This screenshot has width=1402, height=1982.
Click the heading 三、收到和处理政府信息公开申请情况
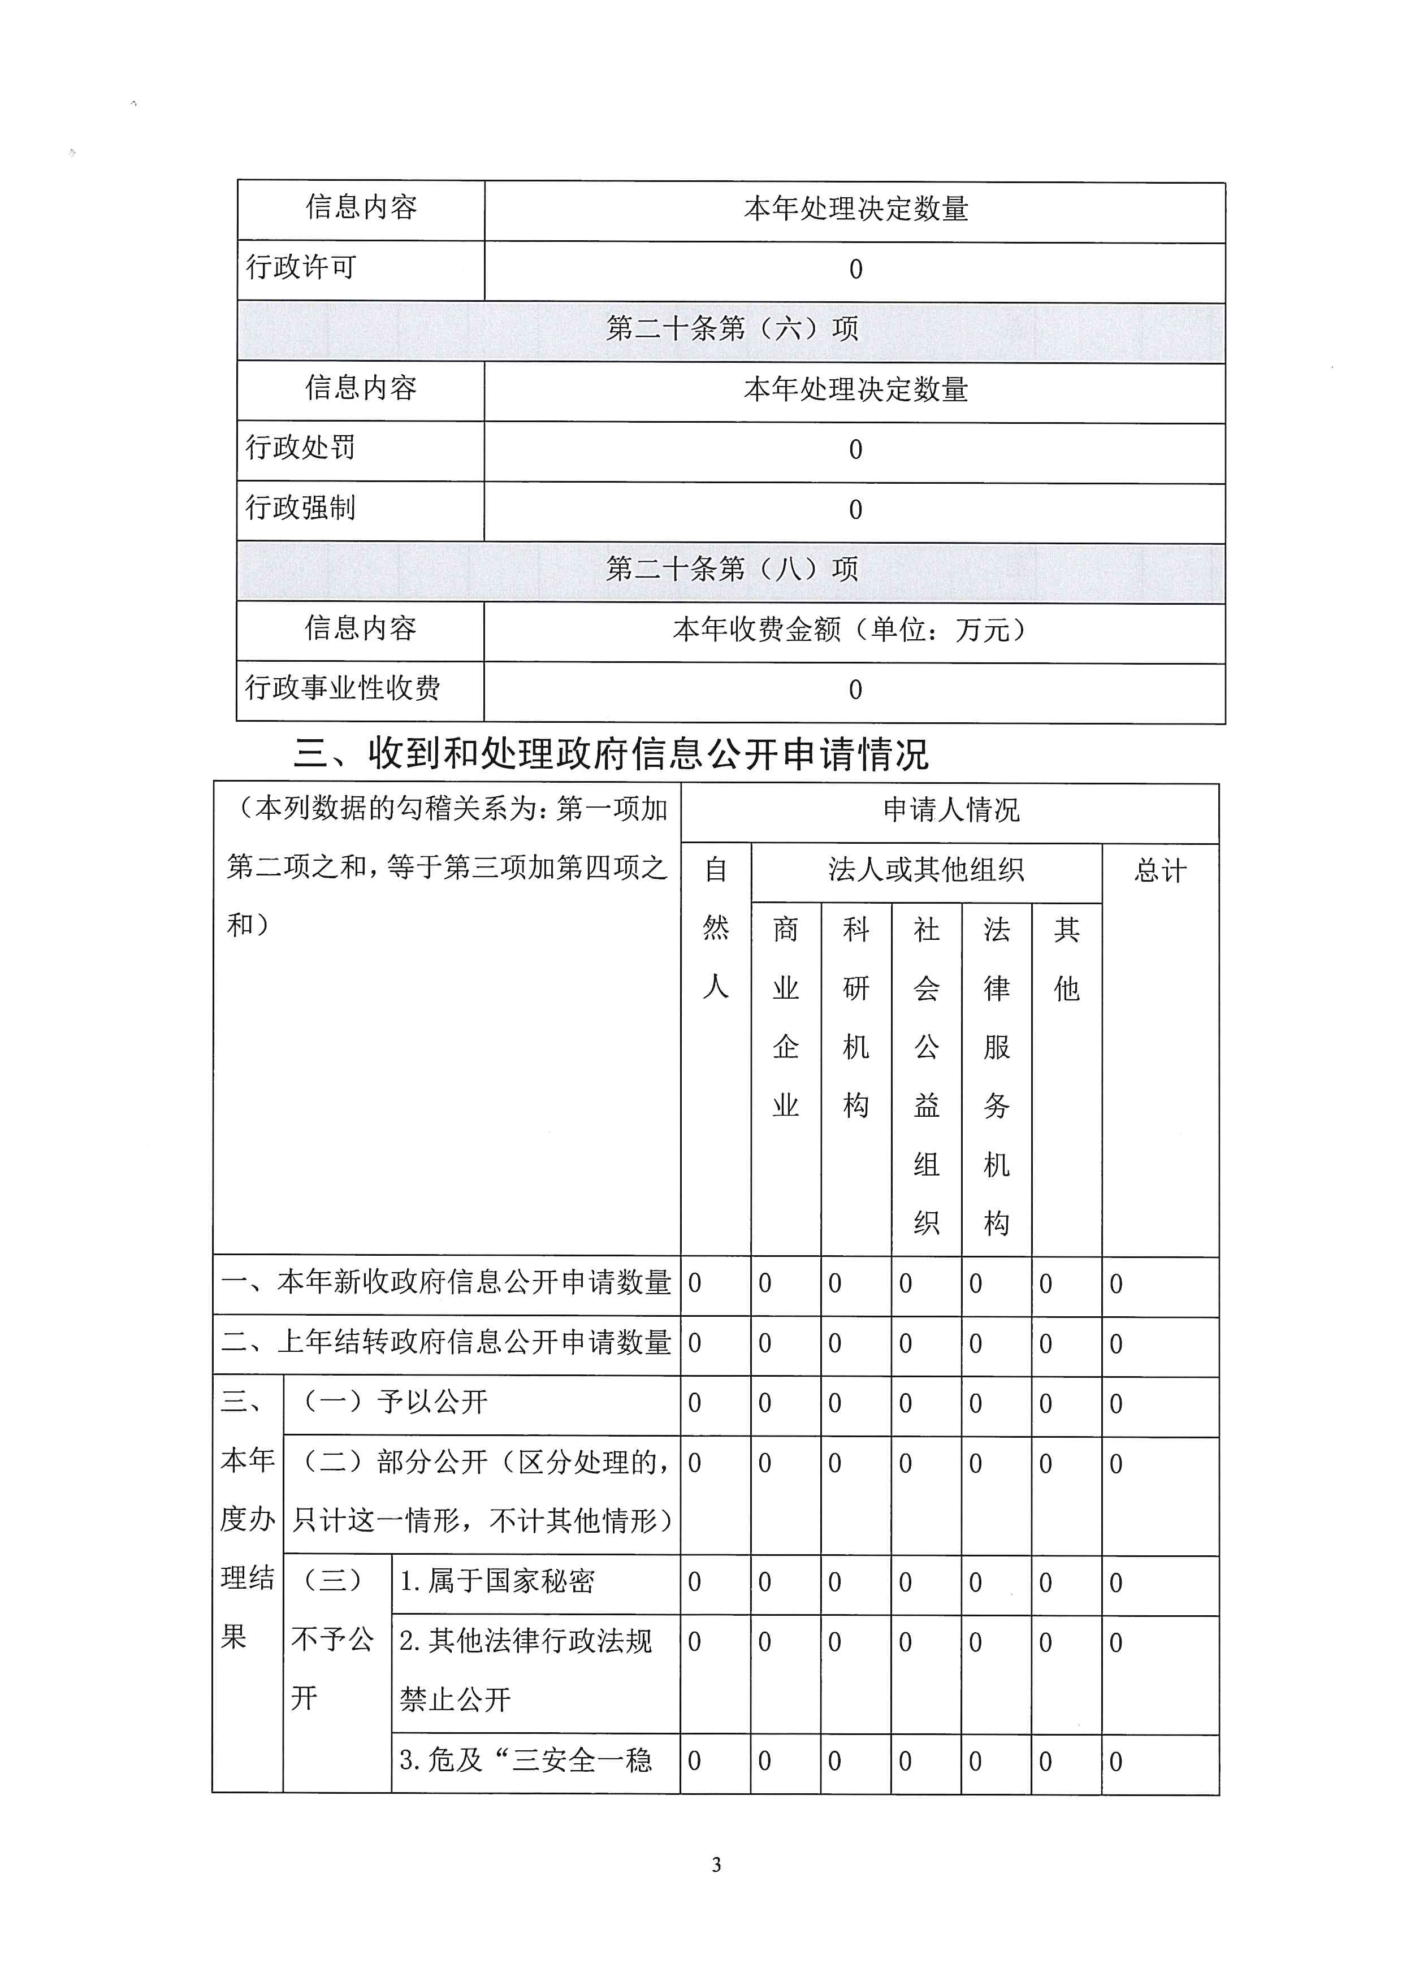611,753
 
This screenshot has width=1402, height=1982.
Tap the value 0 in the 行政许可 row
855,270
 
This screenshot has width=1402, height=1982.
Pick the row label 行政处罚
300,448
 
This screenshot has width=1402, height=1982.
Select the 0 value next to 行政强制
855,510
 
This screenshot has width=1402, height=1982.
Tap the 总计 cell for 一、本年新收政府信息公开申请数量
1117,1285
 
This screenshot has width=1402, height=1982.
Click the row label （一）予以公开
393,1402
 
